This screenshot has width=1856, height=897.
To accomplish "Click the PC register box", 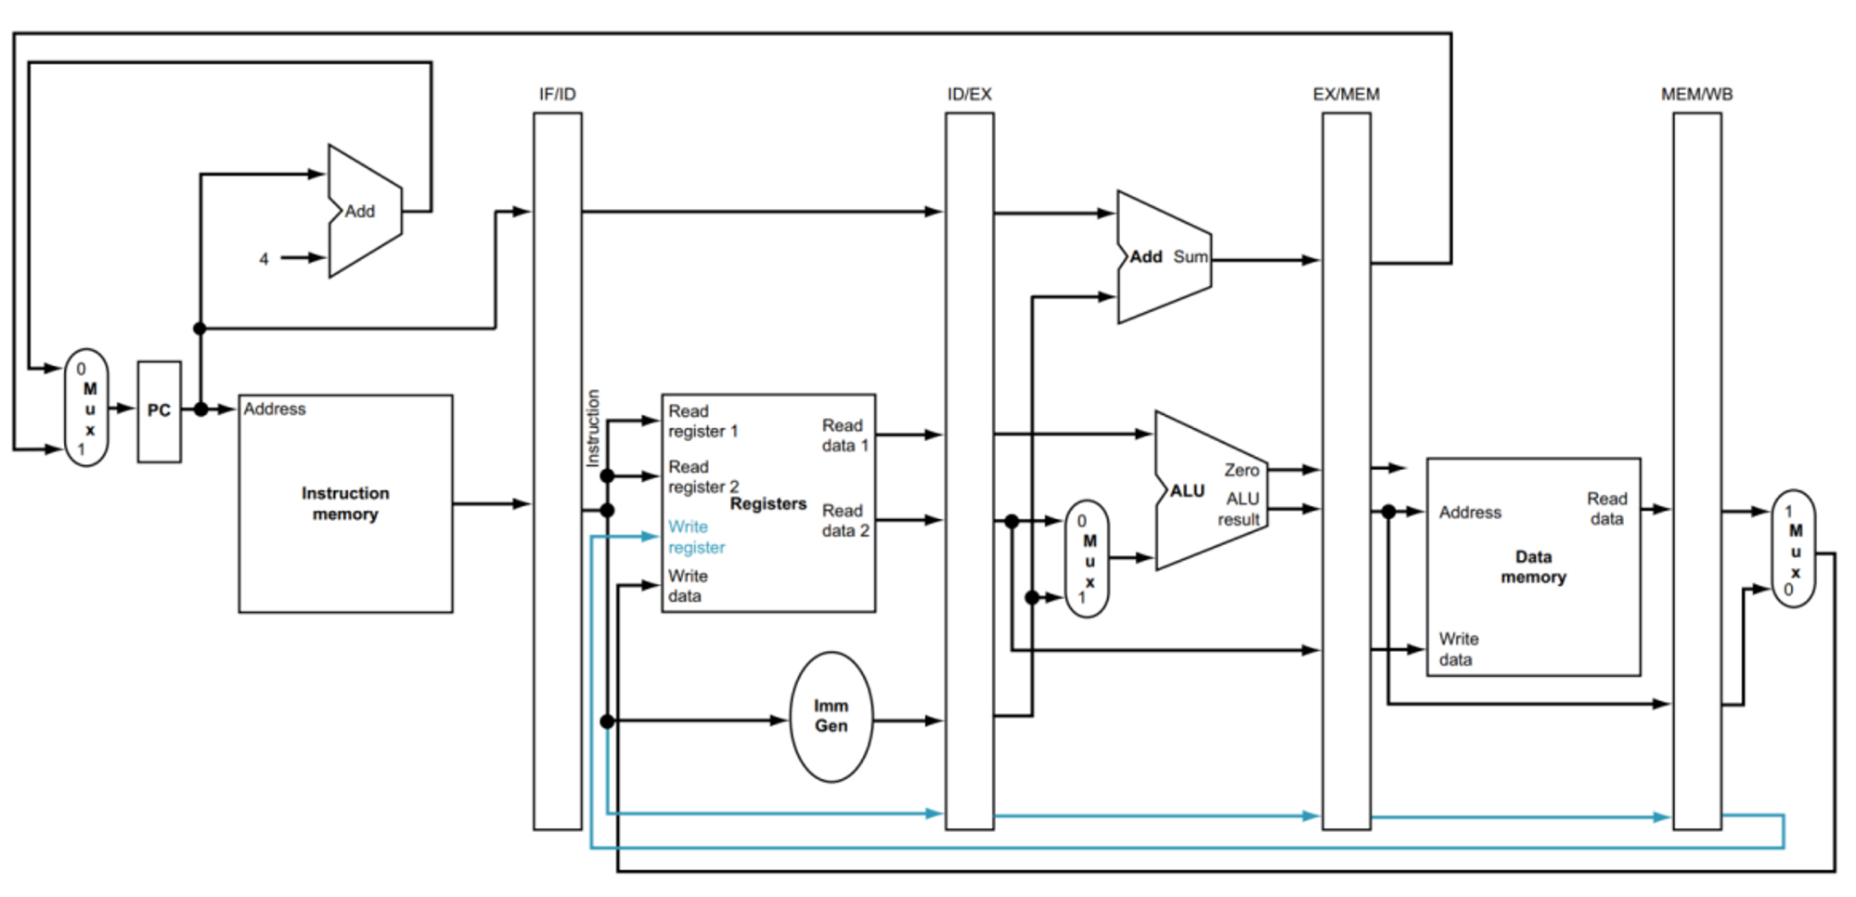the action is pyautogui.click(x=159, y=411).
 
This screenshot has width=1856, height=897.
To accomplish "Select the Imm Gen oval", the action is pyautogui.click(x=831, y=717).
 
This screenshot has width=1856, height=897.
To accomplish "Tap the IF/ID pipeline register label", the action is pyautogui.click(x=558, y=95).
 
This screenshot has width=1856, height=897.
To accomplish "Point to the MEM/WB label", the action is pyautogui.click(x=1696, y=95).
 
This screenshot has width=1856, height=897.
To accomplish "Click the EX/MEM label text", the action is pyautogui.click(x=1346, y=95).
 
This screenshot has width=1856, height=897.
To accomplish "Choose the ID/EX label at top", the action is pyautogui.click(x=969, y=95).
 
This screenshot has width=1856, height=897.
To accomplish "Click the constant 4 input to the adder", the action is pyautogui.click(x=264, y=259).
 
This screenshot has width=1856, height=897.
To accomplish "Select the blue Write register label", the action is pyautogui.click(x=696, y=537).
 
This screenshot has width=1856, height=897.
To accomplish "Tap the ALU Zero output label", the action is pyautogui.click(x=1241, y=470).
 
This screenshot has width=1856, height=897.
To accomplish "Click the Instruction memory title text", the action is pyautogui.click(x=345, y=503).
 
